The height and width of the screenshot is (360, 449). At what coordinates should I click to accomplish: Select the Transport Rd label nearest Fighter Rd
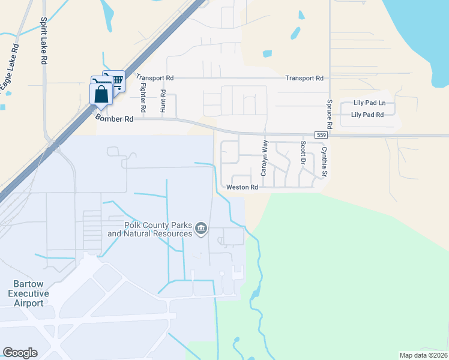point(154,77)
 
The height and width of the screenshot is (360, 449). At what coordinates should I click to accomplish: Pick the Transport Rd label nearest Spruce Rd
point(304,78)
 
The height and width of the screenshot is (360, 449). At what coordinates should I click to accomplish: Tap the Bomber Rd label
point(114,119)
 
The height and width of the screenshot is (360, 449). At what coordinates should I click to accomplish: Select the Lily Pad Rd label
point(367,114)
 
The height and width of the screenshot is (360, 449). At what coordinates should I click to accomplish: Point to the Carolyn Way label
point(264,158)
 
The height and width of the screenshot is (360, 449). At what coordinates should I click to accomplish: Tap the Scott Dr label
point(303,154)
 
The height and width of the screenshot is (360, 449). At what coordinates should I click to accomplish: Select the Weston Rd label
point(242,187)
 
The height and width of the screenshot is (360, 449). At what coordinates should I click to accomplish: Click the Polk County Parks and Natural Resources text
point(149,229)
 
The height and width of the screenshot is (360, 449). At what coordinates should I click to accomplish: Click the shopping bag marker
point(100,95)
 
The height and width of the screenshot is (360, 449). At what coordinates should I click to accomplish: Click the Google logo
point(20,353)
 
